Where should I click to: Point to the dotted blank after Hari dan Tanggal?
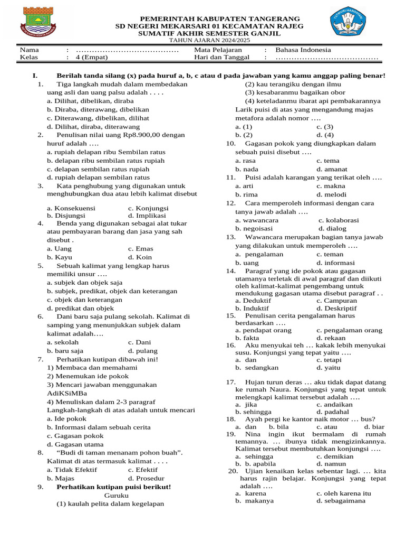coord(327,58)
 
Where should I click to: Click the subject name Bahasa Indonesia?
coord(303,50)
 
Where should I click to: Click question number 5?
coord(40,266)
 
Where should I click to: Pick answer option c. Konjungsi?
coord(148,208)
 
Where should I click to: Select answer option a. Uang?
coord(59,248)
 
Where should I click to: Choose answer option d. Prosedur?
coord(146,478)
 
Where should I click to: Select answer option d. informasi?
coord(336,263)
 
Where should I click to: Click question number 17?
coord(230,381)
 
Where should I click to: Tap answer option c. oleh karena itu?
coord(344,493)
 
